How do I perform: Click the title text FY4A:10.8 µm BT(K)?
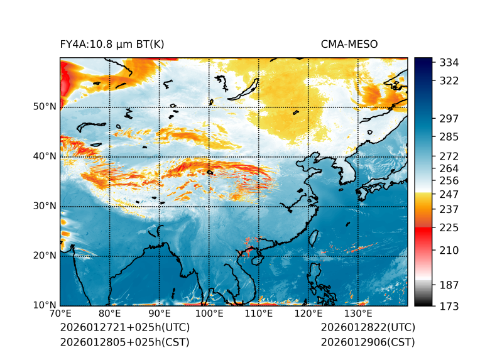(x=112, y=44)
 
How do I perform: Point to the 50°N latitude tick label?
(x=44, y=107)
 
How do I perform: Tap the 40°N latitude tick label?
(x=44, y=156)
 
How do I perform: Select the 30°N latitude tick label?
(x=44, y=206)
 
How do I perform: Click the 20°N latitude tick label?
(x=44, y=256)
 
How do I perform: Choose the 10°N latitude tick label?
(x=44, y=305)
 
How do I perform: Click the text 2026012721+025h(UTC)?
(x=124, y=328)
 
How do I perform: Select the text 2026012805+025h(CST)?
(x=124, y=342)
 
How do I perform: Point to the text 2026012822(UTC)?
(x=368, y=328)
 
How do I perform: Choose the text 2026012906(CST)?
(x=368, y=342)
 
